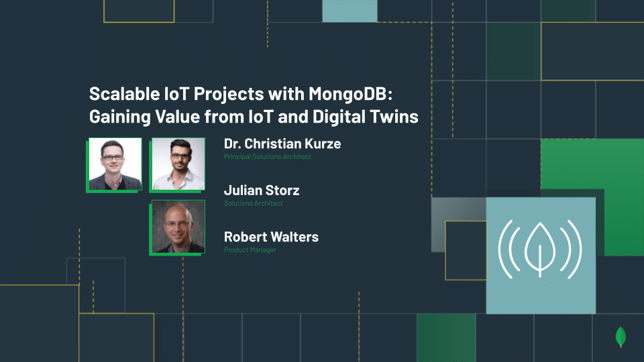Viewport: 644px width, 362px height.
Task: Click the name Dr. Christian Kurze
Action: (x=282, y=143)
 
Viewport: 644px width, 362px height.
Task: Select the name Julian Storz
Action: (x=262, y=190)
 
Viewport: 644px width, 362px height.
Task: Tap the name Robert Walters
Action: (x=271, y=237)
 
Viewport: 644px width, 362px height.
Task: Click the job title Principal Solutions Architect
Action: (x=268, y=157)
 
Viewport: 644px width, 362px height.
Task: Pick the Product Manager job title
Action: (x=250, y=250)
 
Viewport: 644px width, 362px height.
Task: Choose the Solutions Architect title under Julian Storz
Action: (x=253, y=203)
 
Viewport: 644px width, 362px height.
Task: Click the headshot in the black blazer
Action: (x=115, y=164)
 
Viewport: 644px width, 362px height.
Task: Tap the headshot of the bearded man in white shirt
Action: (x=178, y=164)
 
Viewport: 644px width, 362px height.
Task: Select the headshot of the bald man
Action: (x=178, y=227)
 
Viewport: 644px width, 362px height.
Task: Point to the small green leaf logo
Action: (x=621, y=337)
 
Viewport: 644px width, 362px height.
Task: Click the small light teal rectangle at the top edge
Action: (x=350, y=11)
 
